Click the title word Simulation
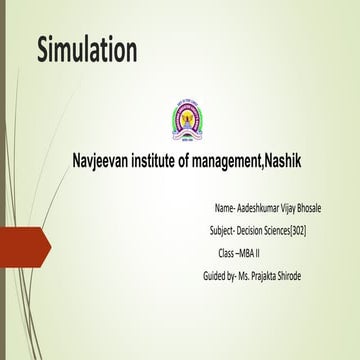tap(87, 51)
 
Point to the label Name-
tap(224, 207)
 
